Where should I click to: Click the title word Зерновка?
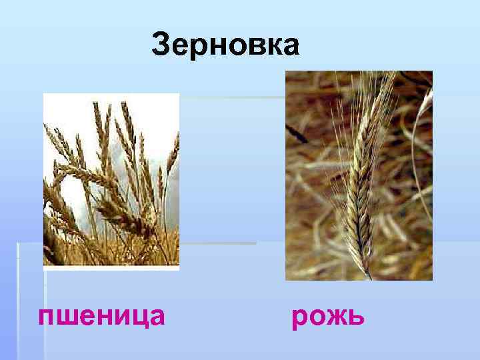[x=225, y=45]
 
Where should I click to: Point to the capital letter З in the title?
[x=163, y=45]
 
